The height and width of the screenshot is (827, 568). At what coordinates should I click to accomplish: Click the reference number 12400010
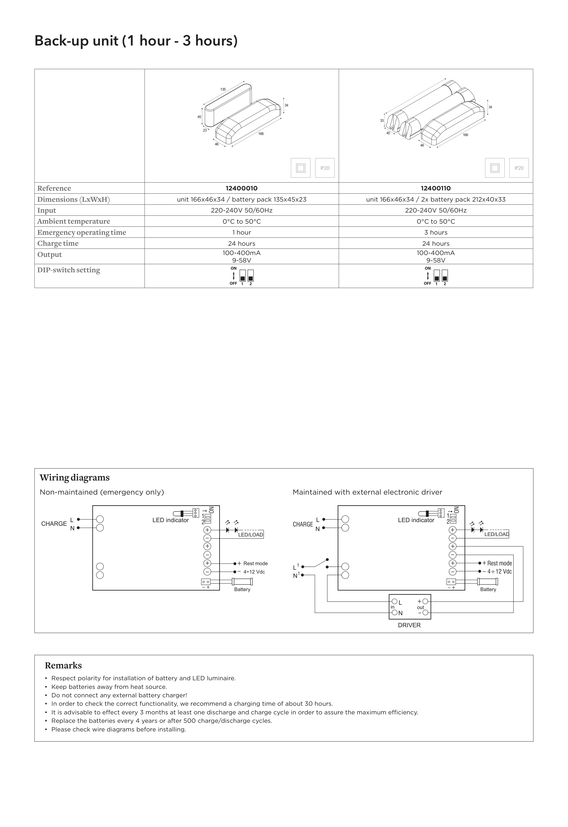click(241, 188)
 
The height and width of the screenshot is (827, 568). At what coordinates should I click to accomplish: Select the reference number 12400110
click(436, 188)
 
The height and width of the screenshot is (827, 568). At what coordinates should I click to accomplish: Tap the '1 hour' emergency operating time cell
click(241, 232)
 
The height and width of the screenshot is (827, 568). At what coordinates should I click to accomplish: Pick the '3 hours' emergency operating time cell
click(436, 232)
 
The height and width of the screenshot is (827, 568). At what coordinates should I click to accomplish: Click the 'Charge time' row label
click(58, 243)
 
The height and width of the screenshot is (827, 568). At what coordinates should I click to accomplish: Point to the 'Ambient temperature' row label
click(74, 221)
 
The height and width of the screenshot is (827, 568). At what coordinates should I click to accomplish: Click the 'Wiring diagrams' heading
click(75, 477)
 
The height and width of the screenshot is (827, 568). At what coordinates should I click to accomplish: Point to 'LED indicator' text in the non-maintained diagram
click(170, 520)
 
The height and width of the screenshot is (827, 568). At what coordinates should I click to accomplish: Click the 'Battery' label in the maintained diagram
click(488, 589)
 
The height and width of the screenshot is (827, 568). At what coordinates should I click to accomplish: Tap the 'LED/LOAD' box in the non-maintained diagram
click(250, 534)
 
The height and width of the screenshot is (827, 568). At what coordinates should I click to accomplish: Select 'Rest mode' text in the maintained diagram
click(499, 563)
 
